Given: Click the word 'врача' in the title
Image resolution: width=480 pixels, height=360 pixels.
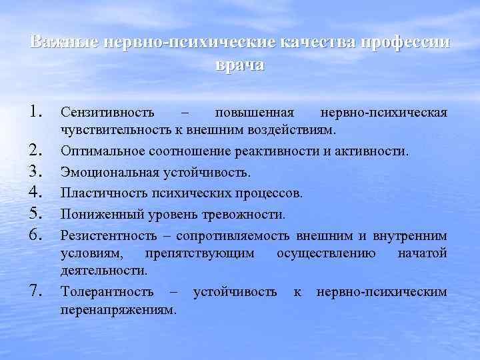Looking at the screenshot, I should click(x=240, y=66).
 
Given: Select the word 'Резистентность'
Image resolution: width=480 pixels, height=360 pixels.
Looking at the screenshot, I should click(x=109, y=235).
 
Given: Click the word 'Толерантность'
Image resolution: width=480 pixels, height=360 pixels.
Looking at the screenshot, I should click(x=107, y=292).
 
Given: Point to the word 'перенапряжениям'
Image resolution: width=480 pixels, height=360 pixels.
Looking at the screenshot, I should click(x=118, y=310).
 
